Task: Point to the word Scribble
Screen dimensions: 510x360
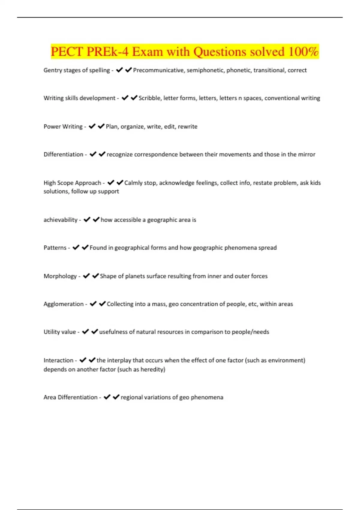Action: point(149,98)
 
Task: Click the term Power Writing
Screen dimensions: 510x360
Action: point(63,127)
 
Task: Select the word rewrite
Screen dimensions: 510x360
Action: point(187,127)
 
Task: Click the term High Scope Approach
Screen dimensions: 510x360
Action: point(72,183)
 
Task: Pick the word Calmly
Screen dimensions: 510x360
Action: point(133,183)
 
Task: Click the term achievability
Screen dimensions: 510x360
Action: point(61,220)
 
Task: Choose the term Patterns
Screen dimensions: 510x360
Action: point(55,248)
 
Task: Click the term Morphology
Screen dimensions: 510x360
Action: point(60,276)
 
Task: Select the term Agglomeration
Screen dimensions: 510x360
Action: point(64,304)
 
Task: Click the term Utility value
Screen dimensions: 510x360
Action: point(60,332)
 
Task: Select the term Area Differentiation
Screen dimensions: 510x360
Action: point(70,397)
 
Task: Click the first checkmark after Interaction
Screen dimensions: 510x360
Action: point(83,360)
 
